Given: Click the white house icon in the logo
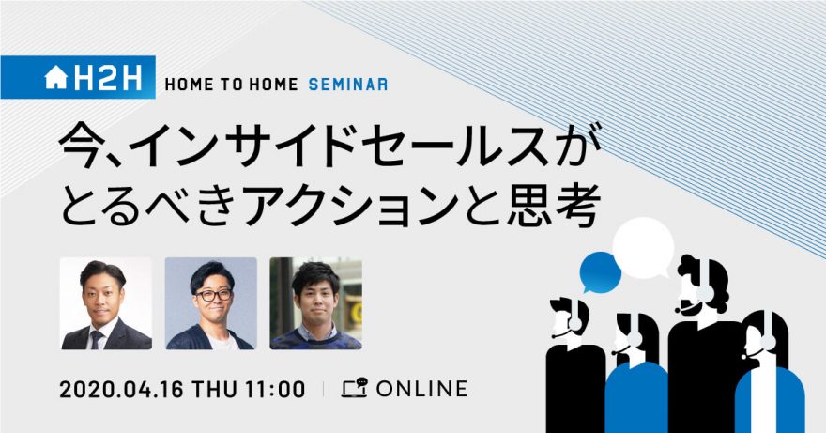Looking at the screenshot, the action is click(55, 78).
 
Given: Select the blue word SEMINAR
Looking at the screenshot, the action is click(348, 85).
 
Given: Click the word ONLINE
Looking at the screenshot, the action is click(421, 389).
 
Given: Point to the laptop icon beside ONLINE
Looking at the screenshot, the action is click(354, 388).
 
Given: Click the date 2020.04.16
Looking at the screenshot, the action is click(122, 390).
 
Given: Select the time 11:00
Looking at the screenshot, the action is click(274, 390).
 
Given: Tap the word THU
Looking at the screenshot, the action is click(214, 390).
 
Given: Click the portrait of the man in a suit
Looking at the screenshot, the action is click(106, 303).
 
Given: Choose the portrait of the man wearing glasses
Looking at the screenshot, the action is click(210, 303).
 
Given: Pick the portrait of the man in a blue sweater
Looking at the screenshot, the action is click(316, 303).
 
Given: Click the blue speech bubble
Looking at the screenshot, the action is click(600, 272).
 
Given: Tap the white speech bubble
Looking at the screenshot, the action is click(643, 248).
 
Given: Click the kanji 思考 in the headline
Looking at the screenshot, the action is click(553, 206).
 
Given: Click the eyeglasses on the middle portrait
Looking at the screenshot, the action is click(213, 295).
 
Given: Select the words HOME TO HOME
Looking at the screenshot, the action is click(231, 85).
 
